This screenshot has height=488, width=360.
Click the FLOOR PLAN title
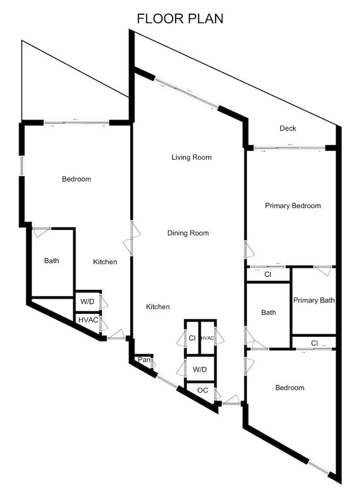coord(180,19)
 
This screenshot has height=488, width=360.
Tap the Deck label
coord(288,128)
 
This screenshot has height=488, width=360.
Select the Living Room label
coord(191,157)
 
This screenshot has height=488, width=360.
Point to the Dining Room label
coord(188,233)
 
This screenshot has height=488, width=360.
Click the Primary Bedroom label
coord(293,206)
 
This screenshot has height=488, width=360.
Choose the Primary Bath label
coord(314,300)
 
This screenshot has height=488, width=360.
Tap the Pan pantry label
coord(144,360)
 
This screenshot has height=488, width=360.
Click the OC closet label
coord(202,390)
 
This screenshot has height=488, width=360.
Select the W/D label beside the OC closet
coord(200,369)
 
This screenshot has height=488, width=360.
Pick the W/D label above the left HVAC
coord(87,301)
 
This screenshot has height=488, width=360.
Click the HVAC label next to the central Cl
coord(207,338)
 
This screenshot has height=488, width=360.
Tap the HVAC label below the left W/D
coord(88,320)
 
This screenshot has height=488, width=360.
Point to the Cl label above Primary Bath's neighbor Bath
coord(268,274)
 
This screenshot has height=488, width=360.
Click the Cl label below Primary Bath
coord(315,343)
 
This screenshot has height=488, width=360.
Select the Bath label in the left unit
coord(51,261)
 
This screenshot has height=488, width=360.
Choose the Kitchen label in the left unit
coord(105,262)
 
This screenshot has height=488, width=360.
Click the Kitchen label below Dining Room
coord(158,306)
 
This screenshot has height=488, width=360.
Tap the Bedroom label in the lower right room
coord(290,387)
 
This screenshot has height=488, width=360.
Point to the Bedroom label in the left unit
coord(76,179)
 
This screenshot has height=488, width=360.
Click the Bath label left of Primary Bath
coord(268,312)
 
